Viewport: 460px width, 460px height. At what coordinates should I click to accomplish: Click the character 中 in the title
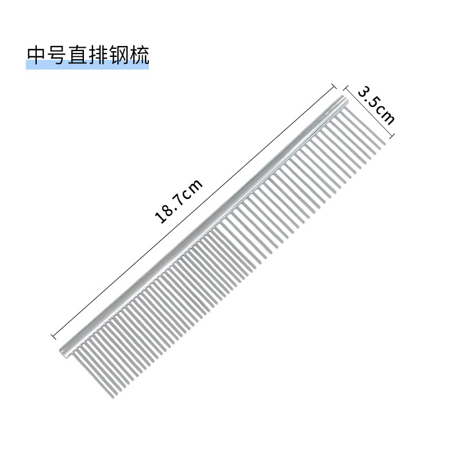pyautogui.click(x=36, y=55)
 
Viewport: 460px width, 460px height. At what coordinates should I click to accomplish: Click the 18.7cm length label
pyautogui.click(x=179, y=201)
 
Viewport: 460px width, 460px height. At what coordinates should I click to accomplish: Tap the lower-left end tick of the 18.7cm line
pyautogui.click(x=53, y=335)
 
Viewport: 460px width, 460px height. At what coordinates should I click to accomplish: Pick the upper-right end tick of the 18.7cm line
pyautogui.click(x=334, y=87)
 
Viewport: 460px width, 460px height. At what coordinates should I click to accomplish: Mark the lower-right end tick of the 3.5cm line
pyautogui.click(x=392, y=137)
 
